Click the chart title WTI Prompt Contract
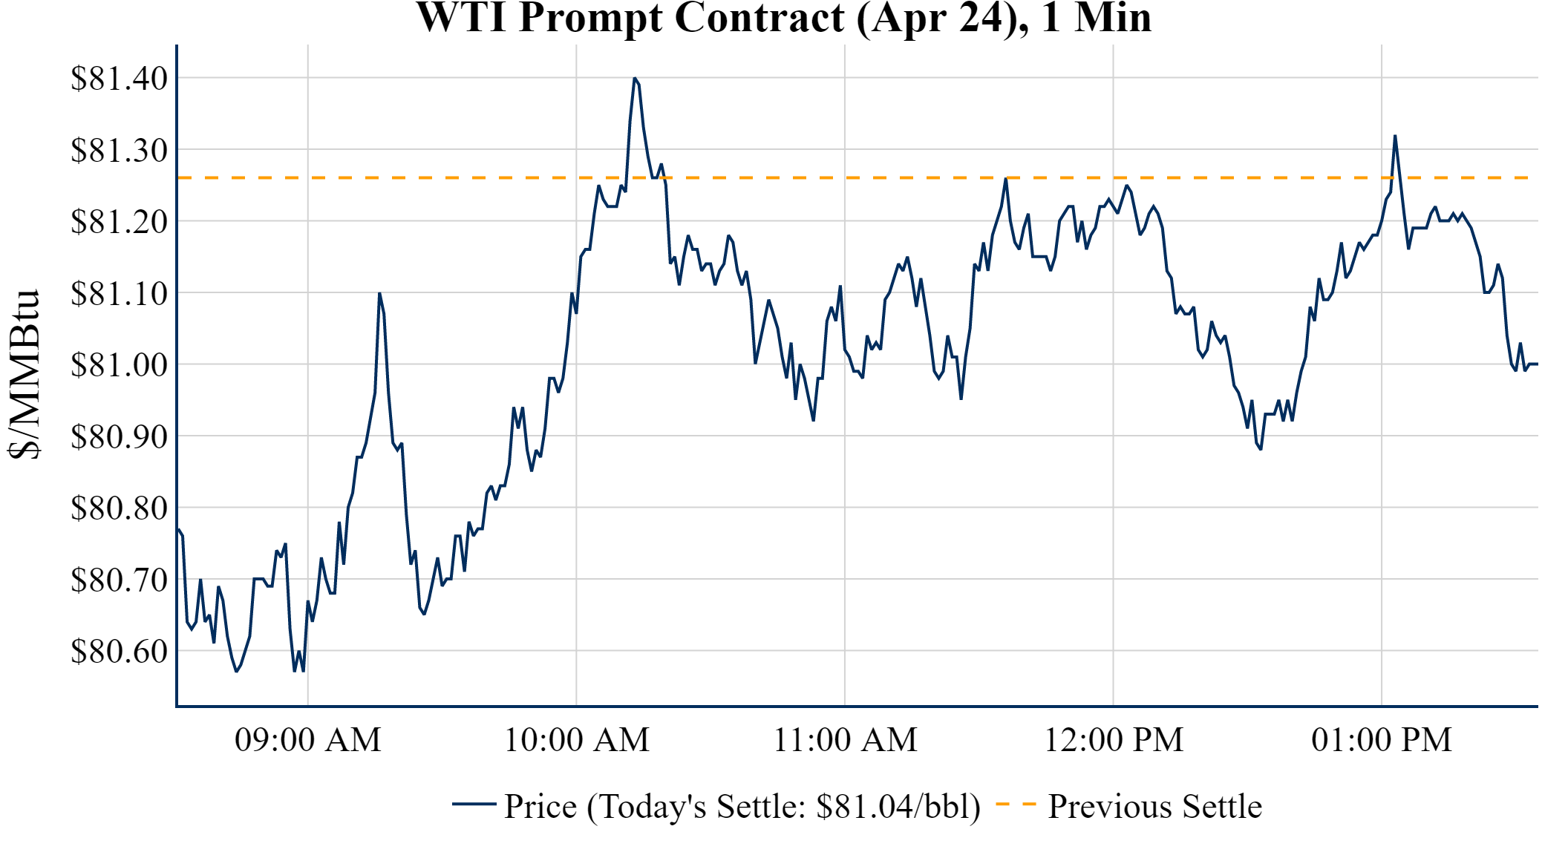[783, 18]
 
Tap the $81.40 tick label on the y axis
[119, 78]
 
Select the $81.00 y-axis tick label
[119, 364]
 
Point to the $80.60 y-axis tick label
[119, 651]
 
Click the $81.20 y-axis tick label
[119, 221]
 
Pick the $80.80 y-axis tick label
[119, 508]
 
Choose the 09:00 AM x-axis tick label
[307, 740]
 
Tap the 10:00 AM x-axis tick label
[576, 740]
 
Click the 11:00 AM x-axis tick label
[845, 740]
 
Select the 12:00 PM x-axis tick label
[1113, 740]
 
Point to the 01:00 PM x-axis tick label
[1381, 740]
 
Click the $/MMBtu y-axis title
[24, 375]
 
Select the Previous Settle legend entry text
[1154, 807]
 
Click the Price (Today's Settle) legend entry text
[742, 807]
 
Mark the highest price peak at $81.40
[635, 78]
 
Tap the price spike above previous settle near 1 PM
[1395, 136]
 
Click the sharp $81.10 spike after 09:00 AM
[379, 294]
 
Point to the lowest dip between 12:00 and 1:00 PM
[1261, 448]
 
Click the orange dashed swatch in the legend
[1016, 805]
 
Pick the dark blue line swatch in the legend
[474, 805]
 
